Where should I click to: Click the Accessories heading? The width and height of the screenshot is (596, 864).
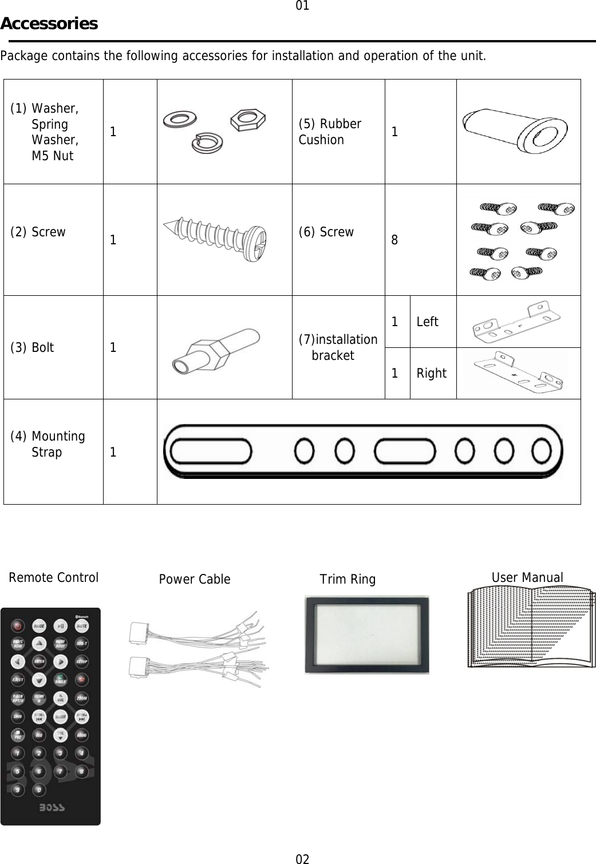coord(49,24)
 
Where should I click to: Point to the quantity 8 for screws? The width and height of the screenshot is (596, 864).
coord(395,240)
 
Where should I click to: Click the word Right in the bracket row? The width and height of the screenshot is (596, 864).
coord(431,374)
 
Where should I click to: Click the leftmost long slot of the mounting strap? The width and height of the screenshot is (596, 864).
coord(207,453)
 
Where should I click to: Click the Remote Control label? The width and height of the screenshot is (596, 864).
coord(53,577)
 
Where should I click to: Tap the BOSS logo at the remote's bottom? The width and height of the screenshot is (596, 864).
coord(52,808)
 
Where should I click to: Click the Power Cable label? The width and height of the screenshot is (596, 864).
coord(195,580)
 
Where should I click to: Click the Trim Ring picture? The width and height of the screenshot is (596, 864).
coord(366,635)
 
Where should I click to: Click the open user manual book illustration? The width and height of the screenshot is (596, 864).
coord(531,627)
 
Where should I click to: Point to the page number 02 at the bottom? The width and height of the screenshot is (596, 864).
coord(302,858)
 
